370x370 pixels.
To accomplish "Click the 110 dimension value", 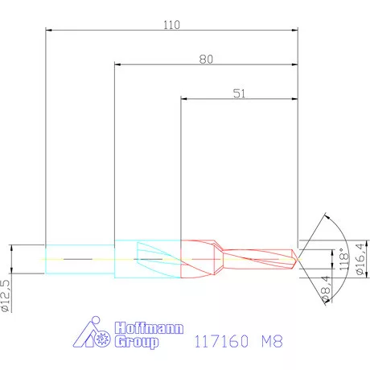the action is click(x=172, y=25).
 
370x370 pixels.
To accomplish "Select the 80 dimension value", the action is click(x=206, y=60).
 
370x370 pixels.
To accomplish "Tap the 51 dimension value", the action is click(x=239, y=93).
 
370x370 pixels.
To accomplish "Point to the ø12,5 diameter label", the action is click(x=6, y=296).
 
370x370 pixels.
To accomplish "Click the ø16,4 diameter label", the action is click(x=361, y=258).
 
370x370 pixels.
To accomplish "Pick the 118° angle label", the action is click(x=343, y=259).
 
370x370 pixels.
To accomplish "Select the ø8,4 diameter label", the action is click(x=325, y=289).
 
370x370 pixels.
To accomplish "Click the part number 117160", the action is click(x=221, y=341).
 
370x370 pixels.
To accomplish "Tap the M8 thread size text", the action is click(x=272, y=341).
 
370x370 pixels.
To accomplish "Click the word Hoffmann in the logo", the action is click(x=150, y=328).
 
